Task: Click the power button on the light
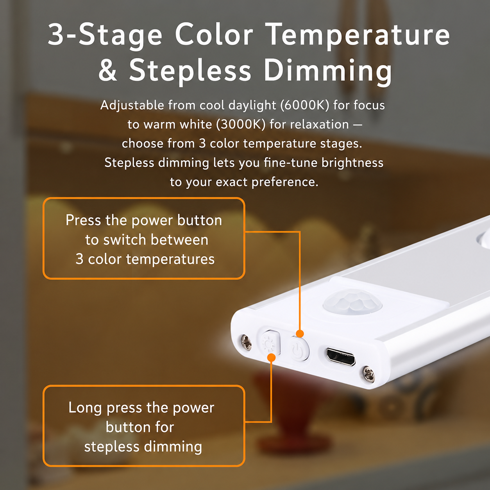tap(300, 349)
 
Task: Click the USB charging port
tap(341, 357)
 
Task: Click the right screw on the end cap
tap(368, 374)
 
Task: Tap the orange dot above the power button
tap(300, 333)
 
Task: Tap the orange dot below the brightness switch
tap(272, 358)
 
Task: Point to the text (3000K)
tap(241, 124)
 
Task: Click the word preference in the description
tap(285, 182)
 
